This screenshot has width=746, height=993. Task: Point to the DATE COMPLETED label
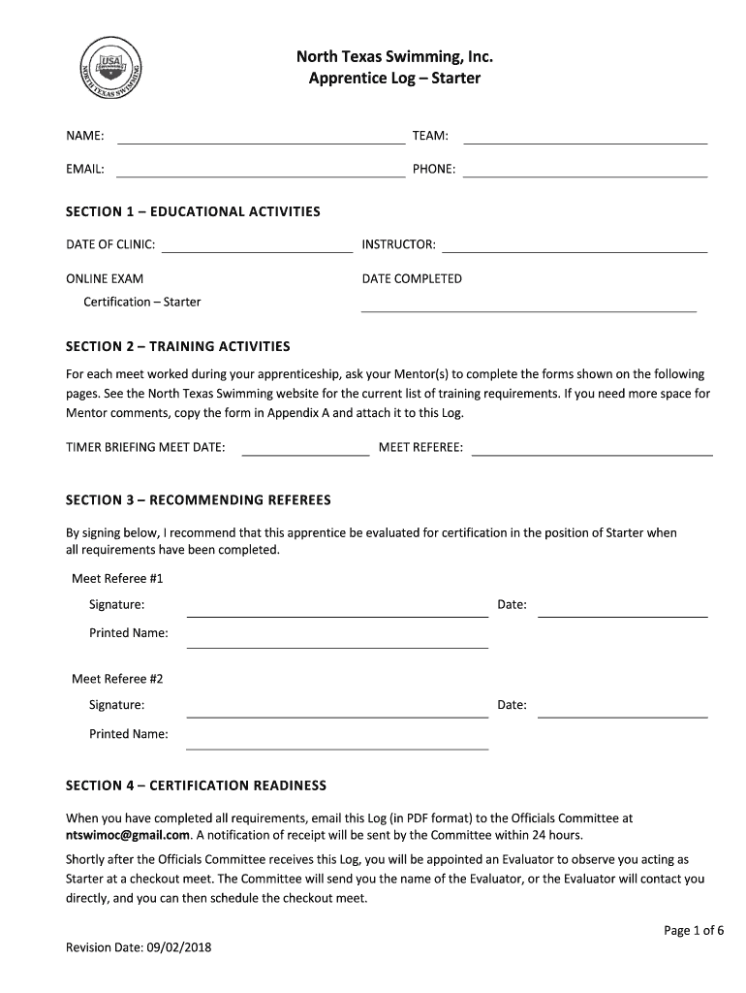[x=412, y=279]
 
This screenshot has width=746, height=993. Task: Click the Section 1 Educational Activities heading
[x=192, y=211]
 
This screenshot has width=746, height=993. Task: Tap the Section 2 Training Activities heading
[x=177, y=346]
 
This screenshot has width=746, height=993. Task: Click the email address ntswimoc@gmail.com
[x=127, y=835]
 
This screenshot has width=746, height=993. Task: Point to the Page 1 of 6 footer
[x=694, y=931]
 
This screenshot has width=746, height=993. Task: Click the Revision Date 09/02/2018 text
[x=138, y=947]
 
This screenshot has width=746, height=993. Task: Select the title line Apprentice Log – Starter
[x=394, y=78]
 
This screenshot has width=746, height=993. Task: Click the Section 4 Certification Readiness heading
[x=196, y=785]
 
